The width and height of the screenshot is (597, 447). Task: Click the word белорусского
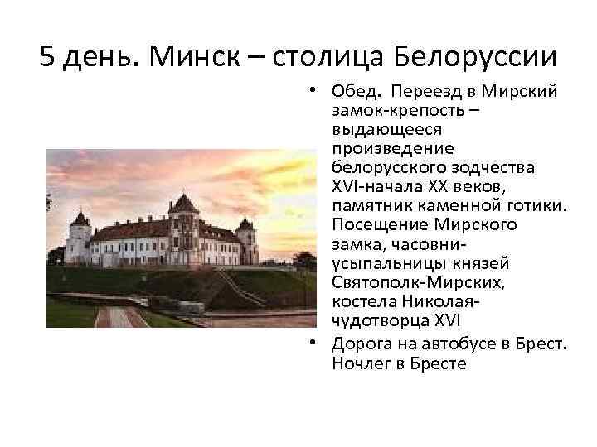[385, 167]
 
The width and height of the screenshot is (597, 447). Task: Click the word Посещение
[379, 225]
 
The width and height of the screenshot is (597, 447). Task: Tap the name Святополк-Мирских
[405, 284]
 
